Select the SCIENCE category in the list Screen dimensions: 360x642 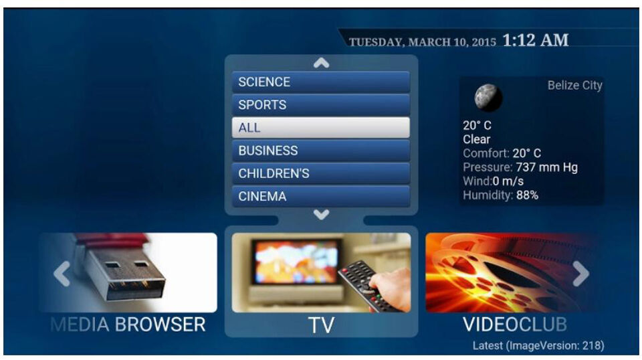click(x=321, y=82)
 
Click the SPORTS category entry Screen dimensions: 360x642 click(x=321, y=105)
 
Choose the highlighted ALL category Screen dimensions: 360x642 click(x=321, y=128)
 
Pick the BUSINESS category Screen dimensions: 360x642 click(x=321, y=151)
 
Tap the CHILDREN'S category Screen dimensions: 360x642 click(x=321, y=173)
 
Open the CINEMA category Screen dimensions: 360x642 click(x=321, y=196)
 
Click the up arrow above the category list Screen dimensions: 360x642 click(x=322, y=63)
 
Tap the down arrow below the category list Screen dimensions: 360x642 click(x=322, y=215)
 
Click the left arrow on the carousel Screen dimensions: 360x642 click(x=62, y=273)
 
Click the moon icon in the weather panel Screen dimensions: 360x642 click(x=488, y=97)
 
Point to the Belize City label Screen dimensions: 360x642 click(x=574, y=86)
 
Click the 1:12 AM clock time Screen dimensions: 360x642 click(x=535, y=41)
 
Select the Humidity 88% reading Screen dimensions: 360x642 click(x=500, y=195)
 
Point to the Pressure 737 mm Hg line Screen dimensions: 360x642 click(x=520, y=167)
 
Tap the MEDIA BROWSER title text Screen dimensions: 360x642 click(x=128, y=325)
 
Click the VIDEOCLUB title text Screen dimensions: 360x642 click(x=515, y=325)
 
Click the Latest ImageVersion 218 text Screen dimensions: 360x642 click(x=538, y=345)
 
